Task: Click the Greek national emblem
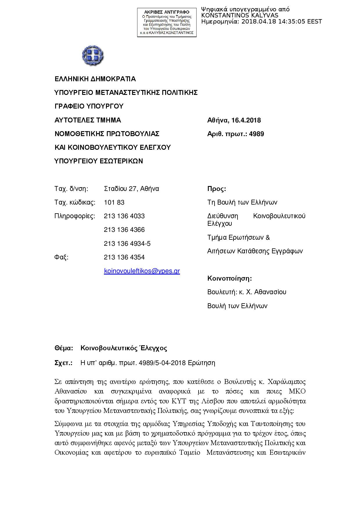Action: pos(93,55)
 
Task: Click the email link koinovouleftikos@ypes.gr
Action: pos(142,271)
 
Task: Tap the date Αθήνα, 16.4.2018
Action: pos(234,120)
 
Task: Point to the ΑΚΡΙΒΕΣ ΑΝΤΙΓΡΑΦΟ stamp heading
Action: pos(167,12)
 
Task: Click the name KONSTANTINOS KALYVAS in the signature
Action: pos(240,16)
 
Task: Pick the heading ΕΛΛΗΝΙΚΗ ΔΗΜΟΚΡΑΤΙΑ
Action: pos(95,79)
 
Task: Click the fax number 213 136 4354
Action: pos(124,257)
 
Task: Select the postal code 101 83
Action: pos(114,203)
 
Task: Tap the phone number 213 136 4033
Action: pos(124,216)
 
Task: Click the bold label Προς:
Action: pos(217,189)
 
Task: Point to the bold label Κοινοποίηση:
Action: pos(229,279)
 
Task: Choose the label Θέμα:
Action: pos(64,348)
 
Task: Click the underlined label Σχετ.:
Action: pos(63,363)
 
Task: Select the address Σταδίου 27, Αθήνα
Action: pos(131,189)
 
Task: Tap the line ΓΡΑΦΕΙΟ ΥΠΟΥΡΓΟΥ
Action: pos(89,107)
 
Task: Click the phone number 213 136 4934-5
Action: pos(127,244)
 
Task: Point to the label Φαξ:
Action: pos(61,257)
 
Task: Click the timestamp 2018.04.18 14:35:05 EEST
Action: pos(282,22)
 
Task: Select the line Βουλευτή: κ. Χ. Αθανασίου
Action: pos(247,292)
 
